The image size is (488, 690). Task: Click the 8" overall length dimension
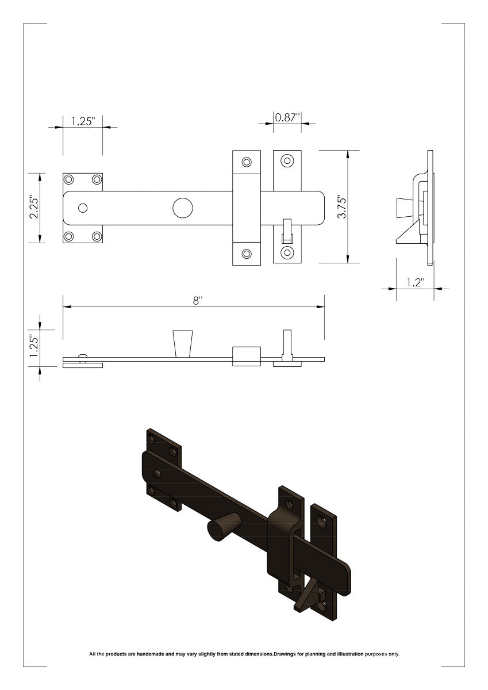pos(198,301)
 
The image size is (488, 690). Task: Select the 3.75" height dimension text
pos(342,206)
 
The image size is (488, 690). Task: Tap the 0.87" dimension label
pos(287,117)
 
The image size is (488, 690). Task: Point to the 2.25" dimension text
pos(33,206)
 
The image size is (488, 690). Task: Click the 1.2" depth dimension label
pos(416,282)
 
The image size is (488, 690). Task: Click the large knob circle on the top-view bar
pos(183,208)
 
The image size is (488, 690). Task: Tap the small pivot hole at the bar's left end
pos(83,208)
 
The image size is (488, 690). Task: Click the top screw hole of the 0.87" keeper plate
pos(287,161)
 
